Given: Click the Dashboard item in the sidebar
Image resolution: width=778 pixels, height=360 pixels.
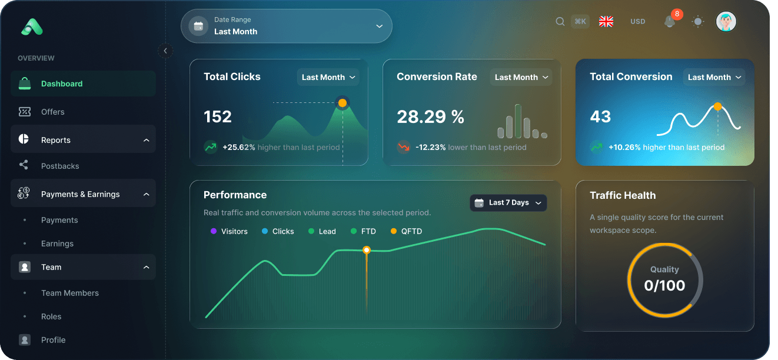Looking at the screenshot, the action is tap(61, 84).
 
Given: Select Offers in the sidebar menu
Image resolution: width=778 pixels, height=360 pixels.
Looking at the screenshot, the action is tap(52, 112).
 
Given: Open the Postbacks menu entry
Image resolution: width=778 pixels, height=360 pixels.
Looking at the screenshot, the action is tap(60, 166).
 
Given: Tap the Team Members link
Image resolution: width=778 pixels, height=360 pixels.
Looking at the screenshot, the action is tap(70, 293).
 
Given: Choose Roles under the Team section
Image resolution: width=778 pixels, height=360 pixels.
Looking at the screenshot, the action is tap(51, 316).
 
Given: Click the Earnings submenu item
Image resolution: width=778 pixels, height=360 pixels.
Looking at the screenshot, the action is tap(57, 244).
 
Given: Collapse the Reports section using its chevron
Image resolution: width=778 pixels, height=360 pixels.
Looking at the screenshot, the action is tap(146, 140).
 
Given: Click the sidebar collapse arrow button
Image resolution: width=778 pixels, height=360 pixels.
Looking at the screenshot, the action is tap(165, 51).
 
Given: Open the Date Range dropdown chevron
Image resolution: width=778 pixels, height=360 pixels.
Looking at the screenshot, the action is tap(379, 26).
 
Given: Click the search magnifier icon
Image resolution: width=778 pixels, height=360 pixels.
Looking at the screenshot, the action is tap(560, 22).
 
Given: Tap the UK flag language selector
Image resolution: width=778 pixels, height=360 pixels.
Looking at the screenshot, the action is tap(606, 22).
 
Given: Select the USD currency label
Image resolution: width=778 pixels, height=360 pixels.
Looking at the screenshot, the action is tap(638, 22).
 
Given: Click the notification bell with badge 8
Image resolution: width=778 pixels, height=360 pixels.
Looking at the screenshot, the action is tap(670, 22).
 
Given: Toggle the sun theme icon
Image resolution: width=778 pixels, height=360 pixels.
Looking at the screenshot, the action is tap(698, 22).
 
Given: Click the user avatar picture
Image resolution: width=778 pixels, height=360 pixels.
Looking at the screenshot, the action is tap(726, 22).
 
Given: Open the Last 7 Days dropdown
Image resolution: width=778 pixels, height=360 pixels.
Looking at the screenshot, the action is tap(508, 203).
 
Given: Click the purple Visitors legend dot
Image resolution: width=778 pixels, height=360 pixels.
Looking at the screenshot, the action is tap(214, 231).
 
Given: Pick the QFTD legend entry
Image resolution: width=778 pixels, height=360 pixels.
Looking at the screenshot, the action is tap(407, 231).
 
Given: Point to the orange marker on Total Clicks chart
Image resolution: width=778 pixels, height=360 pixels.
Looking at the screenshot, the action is tap(342, 103).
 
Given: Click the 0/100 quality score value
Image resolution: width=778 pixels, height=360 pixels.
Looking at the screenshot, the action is tap(664, 285).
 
